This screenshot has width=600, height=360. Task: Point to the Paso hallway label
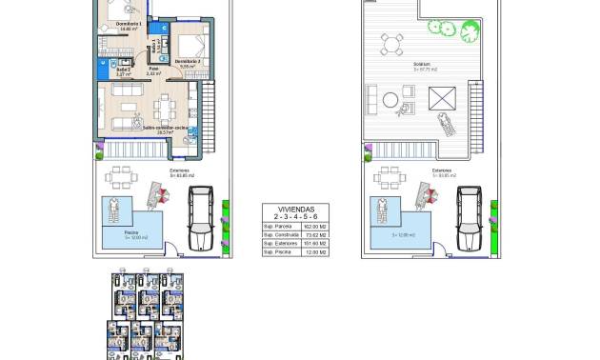(x=152, y=70)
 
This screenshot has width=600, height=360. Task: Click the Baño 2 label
(x=123, y=70)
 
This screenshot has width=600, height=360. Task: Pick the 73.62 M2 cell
(x=317, y=234)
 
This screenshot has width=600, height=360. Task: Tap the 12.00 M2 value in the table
(x=317, y=251)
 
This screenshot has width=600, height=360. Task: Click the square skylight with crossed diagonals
(x=442, y=97)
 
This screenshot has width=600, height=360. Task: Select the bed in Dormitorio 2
(x=190, y=45)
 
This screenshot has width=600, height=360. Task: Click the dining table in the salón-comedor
(x=166, y=105)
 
